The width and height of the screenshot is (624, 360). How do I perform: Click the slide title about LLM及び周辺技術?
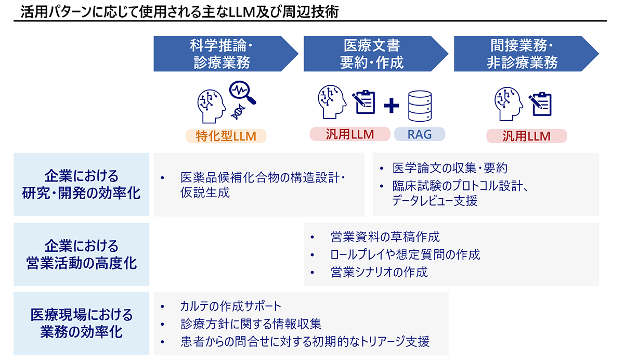[x=179, y=11]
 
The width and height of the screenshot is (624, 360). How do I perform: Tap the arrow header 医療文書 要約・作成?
[x=372, y=54]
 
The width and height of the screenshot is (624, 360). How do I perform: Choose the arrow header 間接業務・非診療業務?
[x=522, y=54]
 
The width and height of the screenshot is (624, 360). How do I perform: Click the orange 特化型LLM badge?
[x=226, y=136]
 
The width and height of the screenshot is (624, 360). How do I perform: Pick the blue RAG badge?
[x=420, y=134]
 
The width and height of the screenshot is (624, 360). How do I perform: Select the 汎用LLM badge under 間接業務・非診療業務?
[x=526, y=136]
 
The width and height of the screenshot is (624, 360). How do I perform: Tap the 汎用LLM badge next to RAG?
[x=350, y=134]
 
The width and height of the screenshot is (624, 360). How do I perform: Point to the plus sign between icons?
[x=391, y=106]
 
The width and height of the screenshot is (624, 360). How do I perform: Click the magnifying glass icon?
[x=243, y=92]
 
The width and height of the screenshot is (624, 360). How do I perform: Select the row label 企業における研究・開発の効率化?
[x=81, y=184]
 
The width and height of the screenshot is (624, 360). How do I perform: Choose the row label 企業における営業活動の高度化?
[x=81, y=254]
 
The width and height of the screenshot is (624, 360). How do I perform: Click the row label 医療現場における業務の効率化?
[x=81, y=323]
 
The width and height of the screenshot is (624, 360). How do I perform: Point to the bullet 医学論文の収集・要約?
[x=450, y=168]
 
